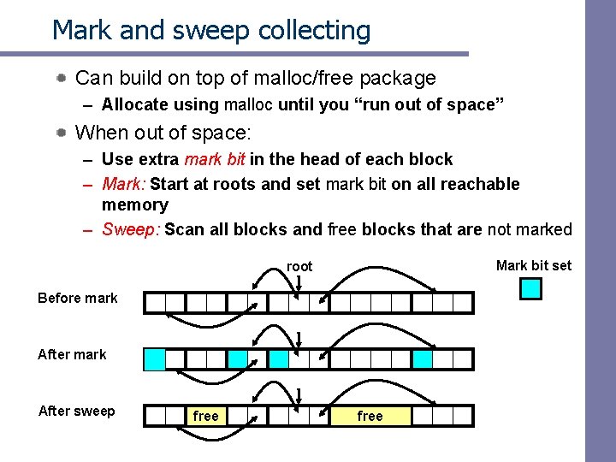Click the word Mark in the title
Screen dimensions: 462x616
(x=80, y=30)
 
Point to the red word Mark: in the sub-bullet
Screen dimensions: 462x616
(x=123, y=184)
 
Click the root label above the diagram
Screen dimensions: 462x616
(x=299, y=267)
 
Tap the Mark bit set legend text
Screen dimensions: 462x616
(x=533, y=265)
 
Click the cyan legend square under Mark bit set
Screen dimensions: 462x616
(x=531, y=289)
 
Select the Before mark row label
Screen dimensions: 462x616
(x=78, y=298)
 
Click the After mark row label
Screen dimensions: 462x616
(x=72, y=354)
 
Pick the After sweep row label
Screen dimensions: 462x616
(x=76, y=411)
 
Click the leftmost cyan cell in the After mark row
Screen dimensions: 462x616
(x=155, y=358)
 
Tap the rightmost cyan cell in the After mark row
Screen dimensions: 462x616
(x=423, y=358)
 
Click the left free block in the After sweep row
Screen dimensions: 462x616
(x=206, y=416)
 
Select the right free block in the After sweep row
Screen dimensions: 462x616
(x=370, y=416)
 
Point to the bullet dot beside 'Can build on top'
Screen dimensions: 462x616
(x=62, y=79)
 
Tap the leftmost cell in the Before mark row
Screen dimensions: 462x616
(x=155, y=302)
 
